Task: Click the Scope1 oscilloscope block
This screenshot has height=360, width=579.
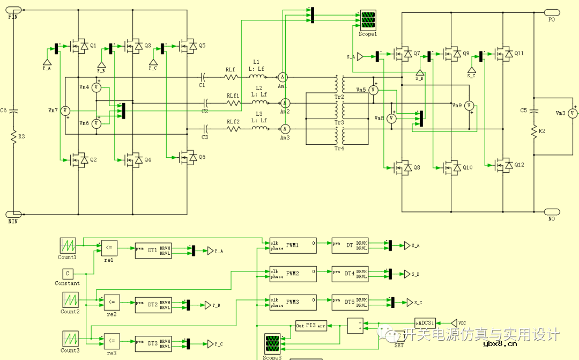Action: [368, 20]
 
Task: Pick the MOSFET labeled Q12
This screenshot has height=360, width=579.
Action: [504, 165]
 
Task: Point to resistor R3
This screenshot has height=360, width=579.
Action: [14, 137]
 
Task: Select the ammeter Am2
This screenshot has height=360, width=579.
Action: [286, 102]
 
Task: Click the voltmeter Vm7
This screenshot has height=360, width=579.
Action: [65, 111]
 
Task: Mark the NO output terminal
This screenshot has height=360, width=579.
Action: [551, 212]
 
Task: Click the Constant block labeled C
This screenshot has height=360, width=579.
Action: [68, 274]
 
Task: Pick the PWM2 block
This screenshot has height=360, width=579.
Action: [292, 274]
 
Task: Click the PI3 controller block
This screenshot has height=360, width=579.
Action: [311, 326]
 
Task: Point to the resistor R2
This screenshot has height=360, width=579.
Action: [534, 131]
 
